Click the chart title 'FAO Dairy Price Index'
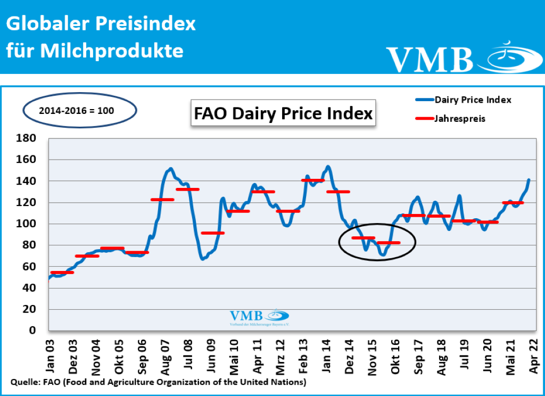[x=283, y=114]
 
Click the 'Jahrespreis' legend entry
[x=460, y=119]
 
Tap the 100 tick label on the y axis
[x=27, y=224]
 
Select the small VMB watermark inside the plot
[x=259, y=317]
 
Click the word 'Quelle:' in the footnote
[x=23, y=382]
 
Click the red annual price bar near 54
[x=62, y=273]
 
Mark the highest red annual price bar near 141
[x=312, y=180]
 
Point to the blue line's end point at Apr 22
[x=529, y=180]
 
